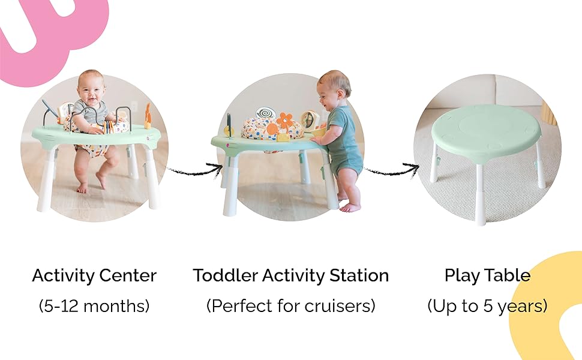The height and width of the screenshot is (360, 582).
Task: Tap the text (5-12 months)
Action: tap(94, 306)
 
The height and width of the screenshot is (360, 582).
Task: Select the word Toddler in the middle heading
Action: tap(222, 276)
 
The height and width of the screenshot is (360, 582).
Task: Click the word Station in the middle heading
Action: tap(359, 276)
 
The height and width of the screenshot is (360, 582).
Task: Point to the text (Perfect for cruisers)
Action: tap(290, 306)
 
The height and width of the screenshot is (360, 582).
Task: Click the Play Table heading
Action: tap(487, 276)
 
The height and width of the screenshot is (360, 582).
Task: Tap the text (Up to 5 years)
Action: tap(487, 306)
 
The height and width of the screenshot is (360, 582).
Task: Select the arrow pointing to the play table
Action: tap(393, 170)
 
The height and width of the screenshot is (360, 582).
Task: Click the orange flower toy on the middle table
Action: tap(284, 120)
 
